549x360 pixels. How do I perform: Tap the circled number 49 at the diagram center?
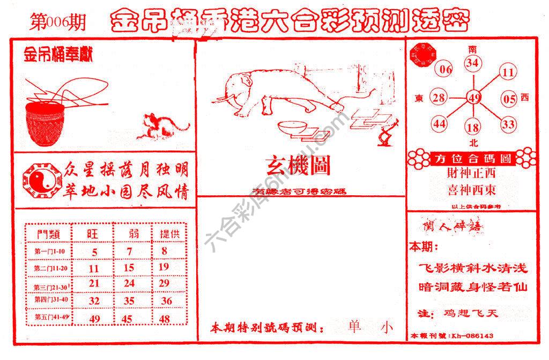[473, 98]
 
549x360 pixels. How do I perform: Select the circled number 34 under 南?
[472, 63]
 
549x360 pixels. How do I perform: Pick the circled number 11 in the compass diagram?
[508, 72]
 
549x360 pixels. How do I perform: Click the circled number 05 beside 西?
[509, 99]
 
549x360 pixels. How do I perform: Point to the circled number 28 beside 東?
[439, 98]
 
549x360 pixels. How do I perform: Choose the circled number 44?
[440, 124]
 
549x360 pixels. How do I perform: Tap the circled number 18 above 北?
[473, 128]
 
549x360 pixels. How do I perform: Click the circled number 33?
[508, 124]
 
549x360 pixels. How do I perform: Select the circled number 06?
[446, 69]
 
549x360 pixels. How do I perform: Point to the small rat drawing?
[164, 126]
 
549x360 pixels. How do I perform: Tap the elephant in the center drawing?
[252, 89]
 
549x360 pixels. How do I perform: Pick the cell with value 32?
[94, 300]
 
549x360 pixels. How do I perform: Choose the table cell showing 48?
[165, 319]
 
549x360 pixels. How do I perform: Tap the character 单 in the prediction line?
[354, 327]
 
